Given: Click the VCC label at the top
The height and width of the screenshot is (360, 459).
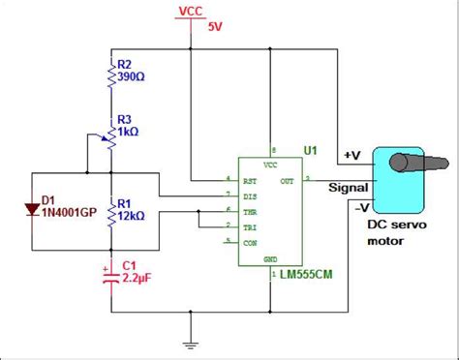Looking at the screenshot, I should [x=191, y=11].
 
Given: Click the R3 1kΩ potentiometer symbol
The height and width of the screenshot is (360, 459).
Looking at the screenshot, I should [x=110, y=138].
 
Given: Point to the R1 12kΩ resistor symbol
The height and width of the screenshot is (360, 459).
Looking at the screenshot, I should [x=110, y=210].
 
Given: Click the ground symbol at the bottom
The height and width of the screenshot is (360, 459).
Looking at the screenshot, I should [x=190, y=341].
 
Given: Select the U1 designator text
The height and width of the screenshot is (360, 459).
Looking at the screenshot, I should [x=310, y=151].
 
